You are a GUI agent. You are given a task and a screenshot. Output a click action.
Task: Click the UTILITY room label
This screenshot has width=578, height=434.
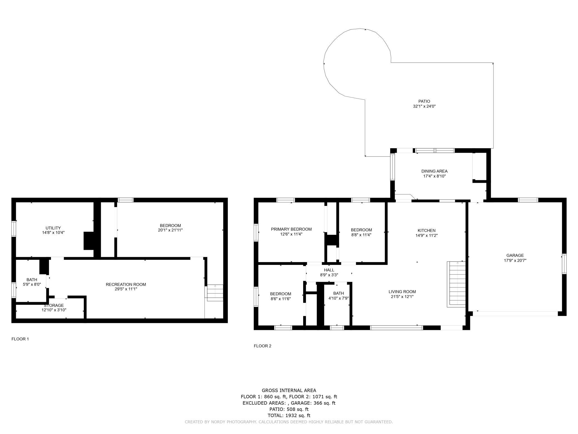point(53,228)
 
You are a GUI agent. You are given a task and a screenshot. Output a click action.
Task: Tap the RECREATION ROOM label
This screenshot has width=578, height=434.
point(126,284)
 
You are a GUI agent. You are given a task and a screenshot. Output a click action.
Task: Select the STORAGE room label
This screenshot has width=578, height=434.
point(54,305)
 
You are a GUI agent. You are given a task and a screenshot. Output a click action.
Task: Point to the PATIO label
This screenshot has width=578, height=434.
point(424,101)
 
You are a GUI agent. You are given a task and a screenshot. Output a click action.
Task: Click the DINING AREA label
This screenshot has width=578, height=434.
point(434,171)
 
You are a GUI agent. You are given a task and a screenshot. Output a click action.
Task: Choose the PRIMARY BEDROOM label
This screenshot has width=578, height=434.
point(291,229)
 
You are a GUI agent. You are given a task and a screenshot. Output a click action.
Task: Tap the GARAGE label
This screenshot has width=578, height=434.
point(515,255)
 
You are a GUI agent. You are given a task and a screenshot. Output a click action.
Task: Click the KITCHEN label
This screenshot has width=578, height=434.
point(427,230)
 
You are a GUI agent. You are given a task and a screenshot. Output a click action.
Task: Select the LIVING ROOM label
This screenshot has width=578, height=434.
point(402,292)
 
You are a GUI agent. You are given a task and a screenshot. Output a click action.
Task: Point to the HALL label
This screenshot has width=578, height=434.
point(329,270)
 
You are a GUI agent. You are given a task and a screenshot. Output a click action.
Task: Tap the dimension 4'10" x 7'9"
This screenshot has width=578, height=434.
point(338,298)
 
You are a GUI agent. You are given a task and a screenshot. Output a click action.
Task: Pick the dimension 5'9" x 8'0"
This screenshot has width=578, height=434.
point(32,284)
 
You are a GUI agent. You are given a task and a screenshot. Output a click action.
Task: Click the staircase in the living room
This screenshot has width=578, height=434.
point(456,284)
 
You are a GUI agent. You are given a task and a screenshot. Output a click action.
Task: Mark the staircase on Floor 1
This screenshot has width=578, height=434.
point(215,293)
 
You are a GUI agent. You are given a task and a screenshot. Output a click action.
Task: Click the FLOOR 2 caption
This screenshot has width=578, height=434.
point(262,346)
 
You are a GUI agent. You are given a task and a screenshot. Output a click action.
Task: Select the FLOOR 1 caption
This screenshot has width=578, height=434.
point(20,339)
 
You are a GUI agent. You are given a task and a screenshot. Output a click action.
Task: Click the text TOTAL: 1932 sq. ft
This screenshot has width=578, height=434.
point(289,415)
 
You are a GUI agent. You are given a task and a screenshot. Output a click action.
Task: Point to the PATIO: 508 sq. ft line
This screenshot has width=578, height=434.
point(289,409)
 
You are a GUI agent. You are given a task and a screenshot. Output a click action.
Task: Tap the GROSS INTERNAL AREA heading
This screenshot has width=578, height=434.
point(289,390)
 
